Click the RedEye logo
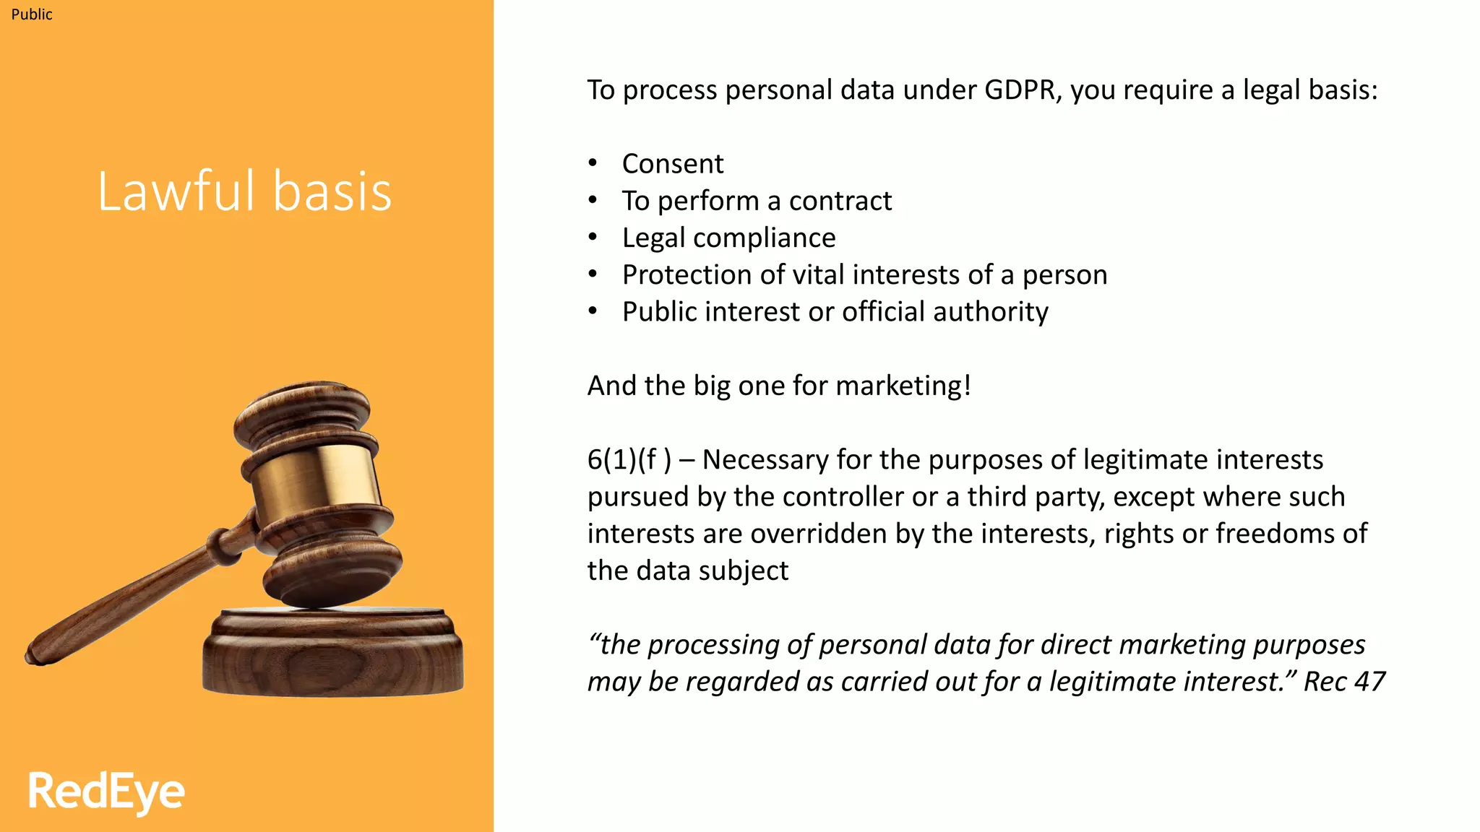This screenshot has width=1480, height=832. click(x=106, y=792)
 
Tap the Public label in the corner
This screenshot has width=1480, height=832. click(x=32, y=14)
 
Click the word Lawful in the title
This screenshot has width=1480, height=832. click(x=176, y=191)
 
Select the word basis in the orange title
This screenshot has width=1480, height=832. click(x=332, y=191)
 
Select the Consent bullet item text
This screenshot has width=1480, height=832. click(x=672, y=164)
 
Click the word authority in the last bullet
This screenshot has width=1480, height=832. click(x=990, y=312)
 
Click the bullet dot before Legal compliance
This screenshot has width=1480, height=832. click(x=593, y=237)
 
